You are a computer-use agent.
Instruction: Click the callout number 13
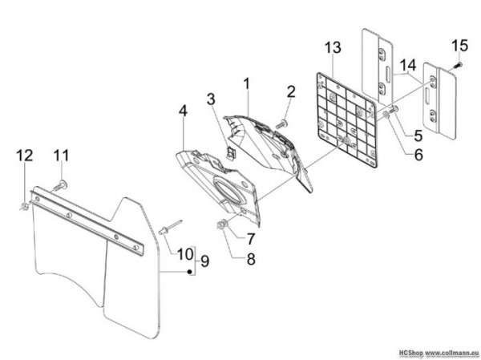point(333,47)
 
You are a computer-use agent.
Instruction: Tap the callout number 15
point(459,46)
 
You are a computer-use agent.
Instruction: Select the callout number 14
point(408,65)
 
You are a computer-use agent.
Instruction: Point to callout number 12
point(25,156)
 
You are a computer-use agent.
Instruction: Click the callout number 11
point(62,156)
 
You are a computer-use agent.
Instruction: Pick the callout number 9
point(204,261)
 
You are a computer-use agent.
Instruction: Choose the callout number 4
point(183,111)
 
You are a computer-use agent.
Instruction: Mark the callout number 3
point(211,99)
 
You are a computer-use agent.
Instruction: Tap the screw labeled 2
point(282,124)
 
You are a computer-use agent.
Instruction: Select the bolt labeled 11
point(60,186)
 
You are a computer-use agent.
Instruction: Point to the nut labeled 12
point(24,207)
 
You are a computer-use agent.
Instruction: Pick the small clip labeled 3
point(230,152)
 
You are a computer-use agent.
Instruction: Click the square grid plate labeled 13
point(346,120)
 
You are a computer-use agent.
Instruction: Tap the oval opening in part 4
point(228,190)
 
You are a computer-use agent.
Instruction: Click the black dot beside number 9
point(190,271)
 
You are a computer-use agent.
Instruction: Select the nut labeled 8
point(221,226)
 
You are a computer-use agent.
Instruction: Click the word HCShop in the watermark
point(410,352)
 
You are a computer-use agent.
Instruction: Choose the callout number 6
point(418,155)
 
